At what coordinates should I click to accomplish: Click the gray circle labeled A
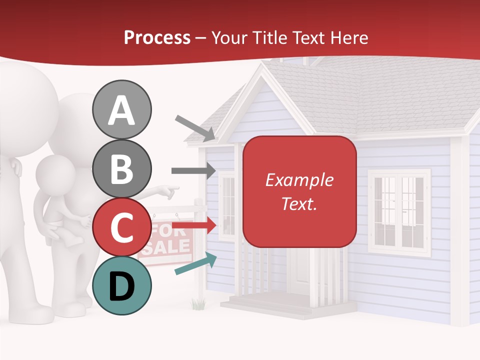tap(121, 110)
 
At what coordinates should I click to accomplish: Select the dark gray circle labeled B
tap(121, 168)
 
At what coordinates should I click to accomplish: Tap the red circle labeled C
tap(121, 227)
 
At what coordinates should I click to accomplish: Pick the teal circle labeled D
tap(121, 285)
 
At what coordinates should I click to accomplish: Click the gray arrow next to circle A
tap(195, 128)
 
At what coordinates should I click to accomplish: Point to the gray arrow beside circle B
tap(193, 171)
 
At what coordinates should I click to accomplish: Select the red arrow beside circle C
tap(193, 225)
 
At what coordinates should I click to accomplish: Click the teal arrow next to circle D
tap(195, 264)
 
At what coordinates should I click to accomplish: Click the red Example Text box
tap(299, 191)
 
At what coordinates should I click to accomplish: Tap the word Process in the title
tap(157, 37)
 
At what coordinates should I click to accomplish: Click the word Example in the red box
tap(299, 180)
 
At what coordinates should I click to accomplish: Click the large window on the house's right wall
tap(398, 212)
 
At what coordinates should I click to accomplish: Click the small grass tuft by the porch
tap(198, 303)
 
